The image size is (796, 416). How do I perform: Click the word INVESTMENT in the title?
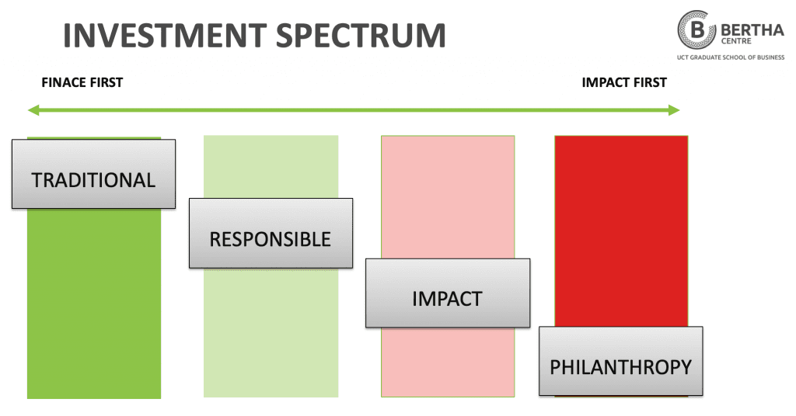pyautogui.click(x=165, y=36)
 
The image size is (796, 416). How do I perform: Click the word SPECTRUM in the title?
pyautogui.click(x=361, y=36)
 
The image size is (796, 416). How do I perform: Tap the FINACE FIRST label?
pyautogui.click(x=82, y=82)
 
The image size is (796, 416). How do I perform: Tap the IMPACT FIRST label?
pyautogui.click(x=624, y=82)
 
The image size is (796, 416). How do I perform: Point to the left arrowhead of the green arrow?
pyautogui.click(x=33, y=110)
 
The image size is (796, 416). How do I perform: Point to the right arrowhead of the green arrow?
pyautogui.click(x=674, y=110)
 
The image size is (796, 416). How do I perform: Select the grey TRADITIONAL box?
pyautogui.click(x=93, y=174)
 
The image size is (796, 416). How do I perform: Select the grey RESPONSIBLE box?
pyautogui.click(x=271, y=233)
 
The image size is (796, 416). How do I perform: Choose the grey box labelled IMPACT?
pyautogui.click(x=447, y=293)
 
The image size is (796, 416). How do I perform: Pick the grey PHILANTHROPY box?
pyautogui.click(x=621, y=361)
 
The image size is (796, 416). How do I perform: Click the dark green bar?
pyautogui.click(x=94, y=304)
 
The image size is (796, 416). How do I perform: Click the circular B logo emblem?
pyautogui.click(x=696, y=30)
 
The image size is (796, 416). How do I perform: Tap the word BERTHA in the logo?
pyautogui.click(x=752, y=30)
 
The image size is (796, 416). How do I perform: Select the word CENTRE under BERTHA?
pyautogui.click(x=736, y=41)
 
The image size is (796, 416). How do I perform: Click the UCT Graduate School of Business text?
pyautogui.click(x=731, y=57)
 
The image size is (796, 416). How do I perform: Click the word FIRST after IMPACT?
pyautogui.click(x=649, y=82)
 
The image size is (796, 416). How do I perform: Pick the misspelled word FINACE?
pyautogui.click(x=63, y=82)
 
